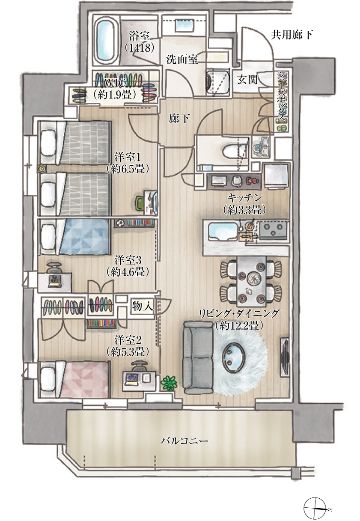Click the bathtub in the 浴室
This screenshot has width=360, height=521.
[x=106, y=42]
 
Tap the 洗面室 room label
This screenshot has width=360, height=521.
[x=182, y=60]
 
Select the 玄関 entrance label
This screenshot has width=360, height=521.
[x=247, y=80]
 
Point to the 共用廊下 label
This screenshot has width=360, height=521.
[x=292, y=35]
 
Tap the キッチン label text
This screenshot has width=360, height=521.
[x=245, y=198]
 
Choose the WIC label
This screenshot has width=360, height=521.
[x=115, y=83]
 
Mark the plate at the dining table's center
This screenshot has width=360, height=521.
[x=253, y=277]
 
